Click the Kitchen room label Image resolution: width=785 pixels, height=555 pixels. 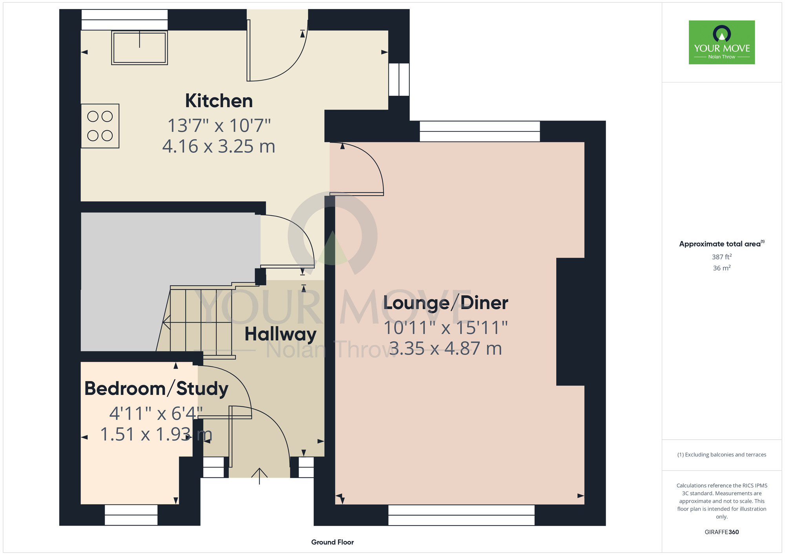click(219, 101)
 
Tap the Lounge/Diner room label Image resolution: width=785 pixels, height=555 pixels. click(445, 303)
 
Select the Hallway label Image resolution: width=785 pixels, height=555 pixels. click(281, 334)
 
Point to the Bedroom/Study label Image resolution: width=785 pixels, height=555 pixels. click(157, 389)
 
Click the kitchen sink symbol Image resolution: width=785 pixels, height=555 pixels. click(140, 47)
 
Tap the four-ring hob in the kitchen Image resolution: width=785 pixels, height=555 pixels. click(100, 126)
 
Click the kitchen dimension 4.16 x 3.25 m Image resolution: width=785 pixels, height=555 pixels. click(219, 146)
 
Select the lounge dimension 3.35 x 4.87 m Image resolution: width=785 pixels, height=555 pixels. click(445, 349)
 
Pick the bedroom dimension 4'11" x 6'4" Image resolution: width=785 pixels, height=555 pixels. click(156, 413)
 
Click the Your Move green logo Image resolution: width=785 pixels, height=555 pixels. click(722, 42)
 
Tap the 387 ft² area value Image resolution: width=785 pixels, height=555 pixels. click(722, 257)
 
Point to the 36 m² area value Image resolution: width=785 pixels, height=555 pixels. click(722, 268)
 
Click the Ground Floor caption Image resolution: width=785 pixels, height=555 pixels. click(332, 542)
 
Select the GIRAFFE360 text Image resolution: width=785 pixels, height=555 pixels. click(722, 532)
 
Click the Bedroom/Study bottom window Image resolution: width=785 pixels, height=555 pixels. click(131, 515)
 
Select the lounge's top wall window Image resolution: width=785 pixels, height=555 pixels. click(480, 131)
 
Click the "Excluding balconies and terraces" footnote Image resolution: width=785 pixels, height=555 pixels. click(722, 455)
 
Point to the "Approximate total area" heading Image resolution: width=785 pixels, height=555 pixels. click(722, 244)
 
